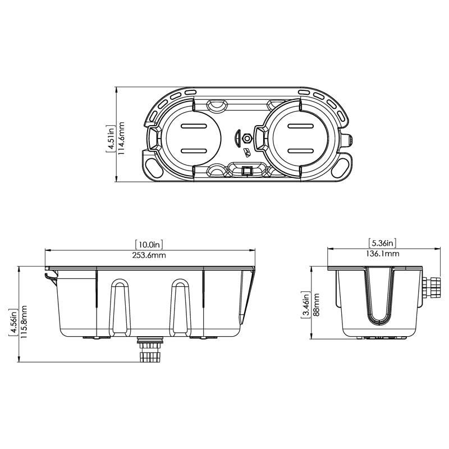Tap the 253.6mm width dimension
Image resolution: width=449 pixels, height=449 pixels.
coord(149,255)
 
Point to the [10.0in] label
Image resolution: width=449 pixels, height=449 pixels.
coord(149,244)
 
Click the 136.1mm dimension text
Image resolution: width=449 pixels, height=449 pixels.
coord(384,254)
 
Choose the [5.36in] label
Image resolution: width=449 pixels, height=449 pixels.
coord(384,243)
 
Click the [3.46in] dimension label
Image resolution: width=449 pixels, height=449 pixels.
coord(305,305)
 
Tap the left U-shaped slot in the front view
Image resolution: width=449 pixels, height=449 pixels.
coord(118,306)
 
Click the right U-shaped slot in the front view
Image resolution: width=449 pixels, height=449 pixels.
coord(179,306)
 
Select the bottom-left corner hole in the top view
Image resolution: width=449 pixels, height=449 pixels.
coord(152,164)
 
